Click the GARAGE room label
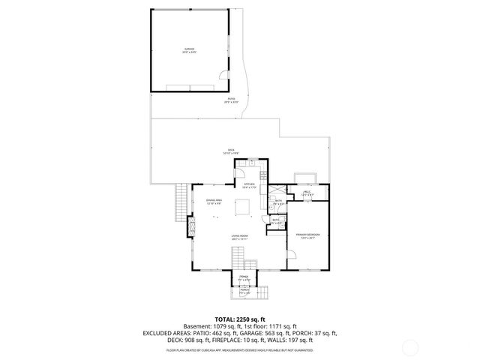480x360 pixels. click(x=188, y=51)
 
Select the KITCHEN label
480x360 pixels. click(x=249, y=185)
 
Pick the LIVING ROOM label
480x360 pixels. click(x=240, y=236)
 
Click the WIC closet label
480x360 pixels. click(x=306, y=194)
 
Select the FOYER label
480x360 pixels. click(x=244, y=278)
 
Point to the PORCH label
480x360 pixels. click(x=244, y=291)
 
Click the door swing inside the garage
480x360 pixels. click(x=223, y=76)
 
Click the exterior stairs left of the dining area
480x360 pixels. click(x=180, y=202)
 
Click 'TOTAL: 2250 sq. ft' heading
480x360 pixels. click(x=240, y=319)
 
